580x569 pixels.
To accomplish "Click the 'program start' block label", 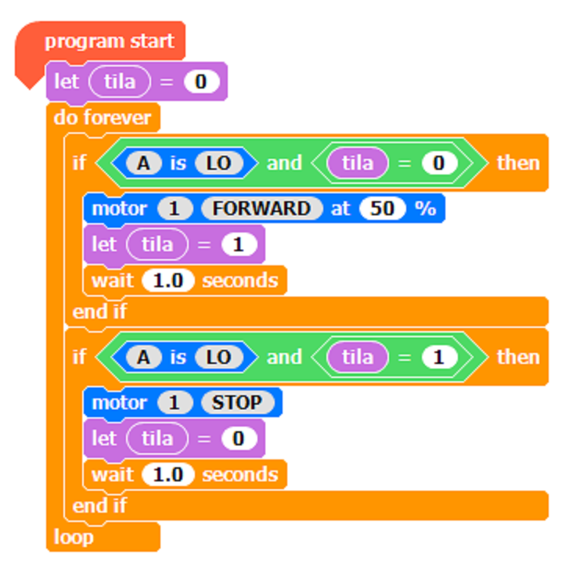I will click(109, 41).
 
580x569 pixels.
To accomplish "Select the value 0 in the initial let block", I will click(202, 81).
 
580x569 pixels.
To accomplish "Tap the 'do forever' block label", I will click(103, 118).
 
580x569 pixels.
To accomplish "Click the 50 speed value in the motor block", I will click(382, 209).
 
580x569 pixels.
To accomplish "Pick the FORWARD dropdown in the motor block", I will click(261, 209).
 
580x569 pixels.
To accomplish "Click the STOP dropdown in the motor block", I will click(238, 403).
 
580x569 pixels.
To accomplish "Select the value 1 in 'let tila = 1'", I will click(238, 245).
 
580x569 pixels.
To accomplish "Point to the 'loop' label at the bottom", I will click(74, 537).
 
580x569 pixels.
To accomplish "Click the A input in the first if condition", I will click(142, 163).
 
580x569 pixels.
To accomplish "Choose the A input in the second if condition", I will click(142, 357).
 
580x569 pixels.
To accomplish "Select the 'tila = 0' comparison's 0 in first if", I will click(438, 163).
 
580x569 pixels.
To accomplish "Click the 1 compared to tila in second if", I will click(438, 357).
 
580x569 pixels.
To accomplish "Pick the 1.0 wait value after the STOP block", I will click(168, 474).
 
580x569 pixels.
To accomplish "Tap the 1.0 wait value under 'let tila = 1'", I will click(168, 280).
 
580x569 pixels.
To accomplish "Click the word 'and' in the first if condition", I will click(283, 163).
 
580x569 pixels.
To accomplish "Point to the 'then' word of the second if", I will click(518, 357).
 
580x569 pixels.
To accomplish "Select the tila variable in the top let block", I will click(119, 81).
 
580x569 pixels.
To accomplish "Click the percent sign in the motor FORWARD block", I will click(425, 209).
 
